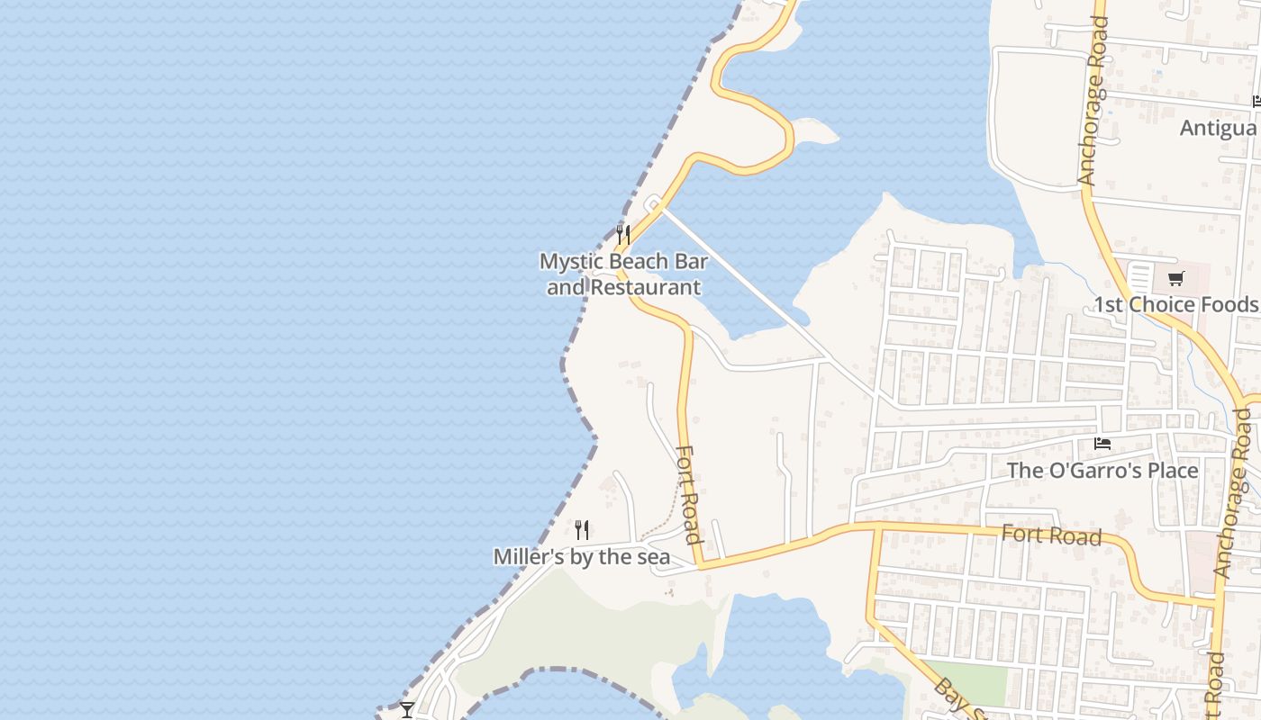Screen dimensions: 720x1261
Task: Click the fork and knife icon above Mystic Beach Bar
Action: pos(622,236)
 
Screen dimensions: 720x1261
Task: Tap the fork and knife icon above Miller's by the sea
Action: pos(582,530)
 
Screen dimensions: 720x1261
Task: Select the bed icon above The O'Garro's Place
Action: pos(1102,444)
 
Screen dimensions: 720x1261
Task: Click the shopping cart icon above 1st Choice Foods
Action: pos(1175,278)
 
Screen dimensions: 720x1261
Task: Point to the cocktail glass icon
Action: pos(407,709)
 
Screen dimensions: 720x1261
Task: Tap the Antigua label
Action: pos(1219,128)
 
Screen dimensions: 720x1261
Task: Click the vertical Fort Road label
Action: pos(689,495)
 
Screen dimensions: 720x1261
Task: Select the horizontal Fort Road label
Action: pos(1051,535)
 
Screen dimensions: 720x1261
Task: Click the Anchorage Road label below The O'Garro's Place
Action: pos(1233,492)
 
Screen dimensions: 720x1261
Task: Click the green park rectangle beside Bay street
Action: pos(971,681)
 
